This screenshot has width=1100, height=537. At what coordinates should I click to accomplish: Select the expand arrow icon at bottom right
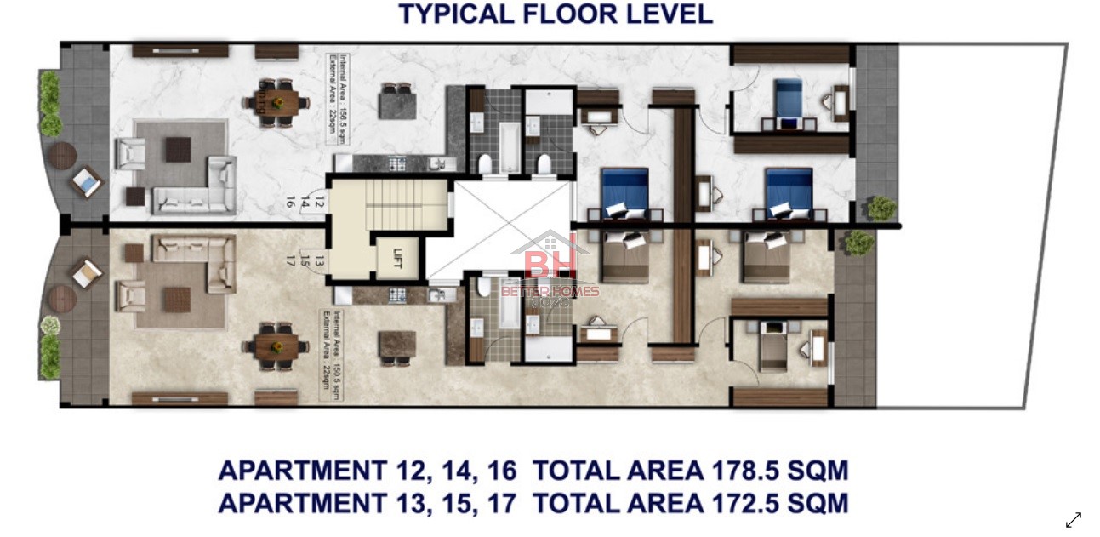[x=1074, y=519]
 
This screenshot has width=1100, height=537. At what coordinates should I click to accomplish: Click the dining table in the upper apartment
[x=276, y=103]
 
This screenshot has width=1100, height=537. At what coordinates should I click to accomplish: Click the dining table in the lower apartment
[x=276, y=346]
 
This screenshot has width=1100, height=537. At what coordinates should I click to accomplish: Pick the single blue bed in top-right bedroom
[x=788, y=100]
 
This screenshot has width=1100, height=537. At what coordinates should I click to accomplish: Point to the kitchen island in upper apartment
[x=396, y=103]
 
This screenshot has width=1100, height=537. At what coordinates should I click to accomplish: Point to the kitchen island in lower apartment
[x=396, y=345]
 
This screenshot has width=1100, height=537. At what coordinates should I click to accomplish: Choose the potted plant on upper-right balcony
[x=881, y=208]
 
